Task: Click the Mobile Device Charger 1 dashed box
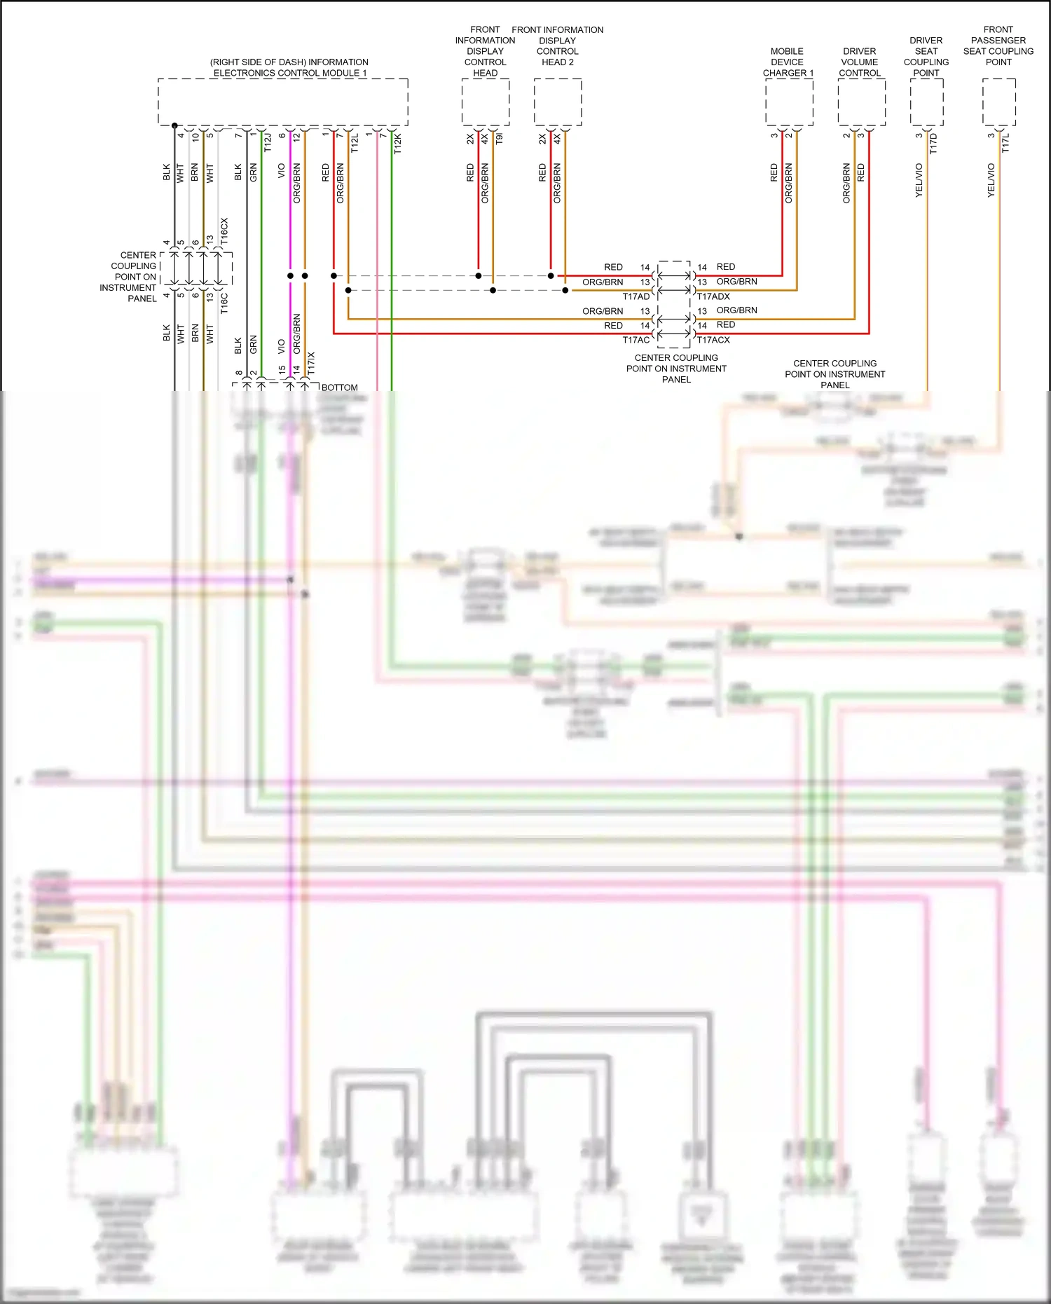click(789, 102)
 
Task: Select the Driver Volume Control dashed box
click(862, 102)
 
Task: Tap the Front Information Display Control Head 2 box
click(558, 102)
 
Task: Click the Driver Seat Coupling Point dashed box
click(927, 102)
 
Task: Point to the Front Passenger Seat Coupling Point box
click(999, 102)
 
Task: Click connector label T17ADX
click(713, 296)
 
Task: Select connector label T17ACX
click(713, 340)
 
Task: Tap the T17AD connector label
click(636, 296)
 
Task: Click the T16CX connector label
click(224, 231)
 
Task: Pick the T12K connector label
click(397, 143)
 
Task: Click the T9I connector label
click(499, 139)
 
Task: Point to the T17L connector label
click(1005, 144)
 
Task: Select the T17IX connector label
click(311, 363)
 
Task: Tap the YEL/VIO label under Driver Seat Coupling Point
click(919, 180)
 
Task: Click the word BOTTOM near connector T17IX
click(340, 387)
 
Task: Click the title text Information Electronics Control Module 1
click(289, 67)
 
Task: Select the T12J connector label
click(267, 143)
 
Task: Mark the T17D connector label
click(933, 144)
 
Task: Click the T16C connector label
click(224, 303)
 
